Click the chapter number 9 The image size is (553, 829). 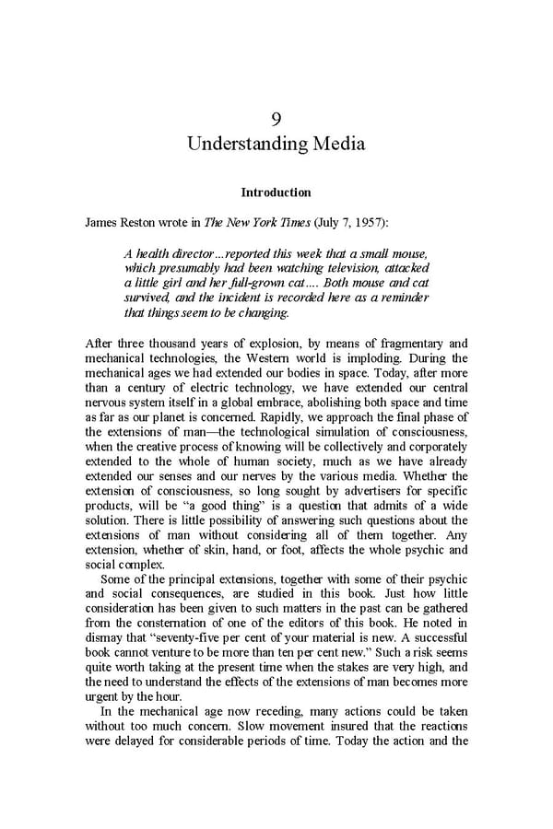point(276,119)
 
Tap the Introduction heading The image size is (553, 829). point(276,193)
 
